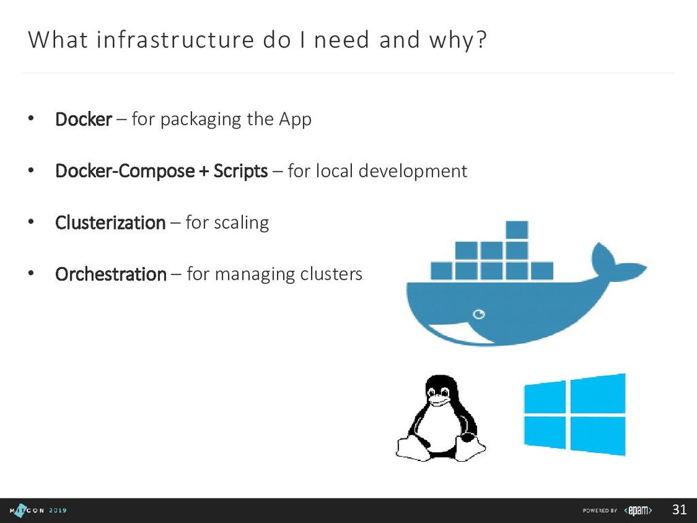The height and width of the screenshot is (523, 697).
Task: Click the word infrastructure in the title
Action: point(175,41)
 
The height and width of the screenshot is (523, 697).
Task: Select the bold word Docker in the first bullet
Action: point(83,120)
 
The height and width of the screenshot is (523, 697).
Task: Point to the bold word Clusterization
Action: point(110,223)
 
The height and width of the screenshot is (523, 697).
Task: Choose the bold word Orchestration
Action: point(110,274)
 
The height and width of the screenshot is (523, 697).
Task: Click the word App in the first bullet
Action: point(295,120)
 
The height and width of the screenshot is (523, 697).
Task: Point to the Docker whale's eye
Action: point(479,314)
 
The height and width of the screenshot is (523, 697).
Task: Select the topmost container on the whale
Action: point(517,229)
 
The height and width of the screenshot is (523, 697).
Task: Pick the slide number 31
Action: point(679,510)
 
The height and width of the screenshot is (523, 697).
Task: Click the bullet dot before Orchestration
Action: point(30,274)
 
